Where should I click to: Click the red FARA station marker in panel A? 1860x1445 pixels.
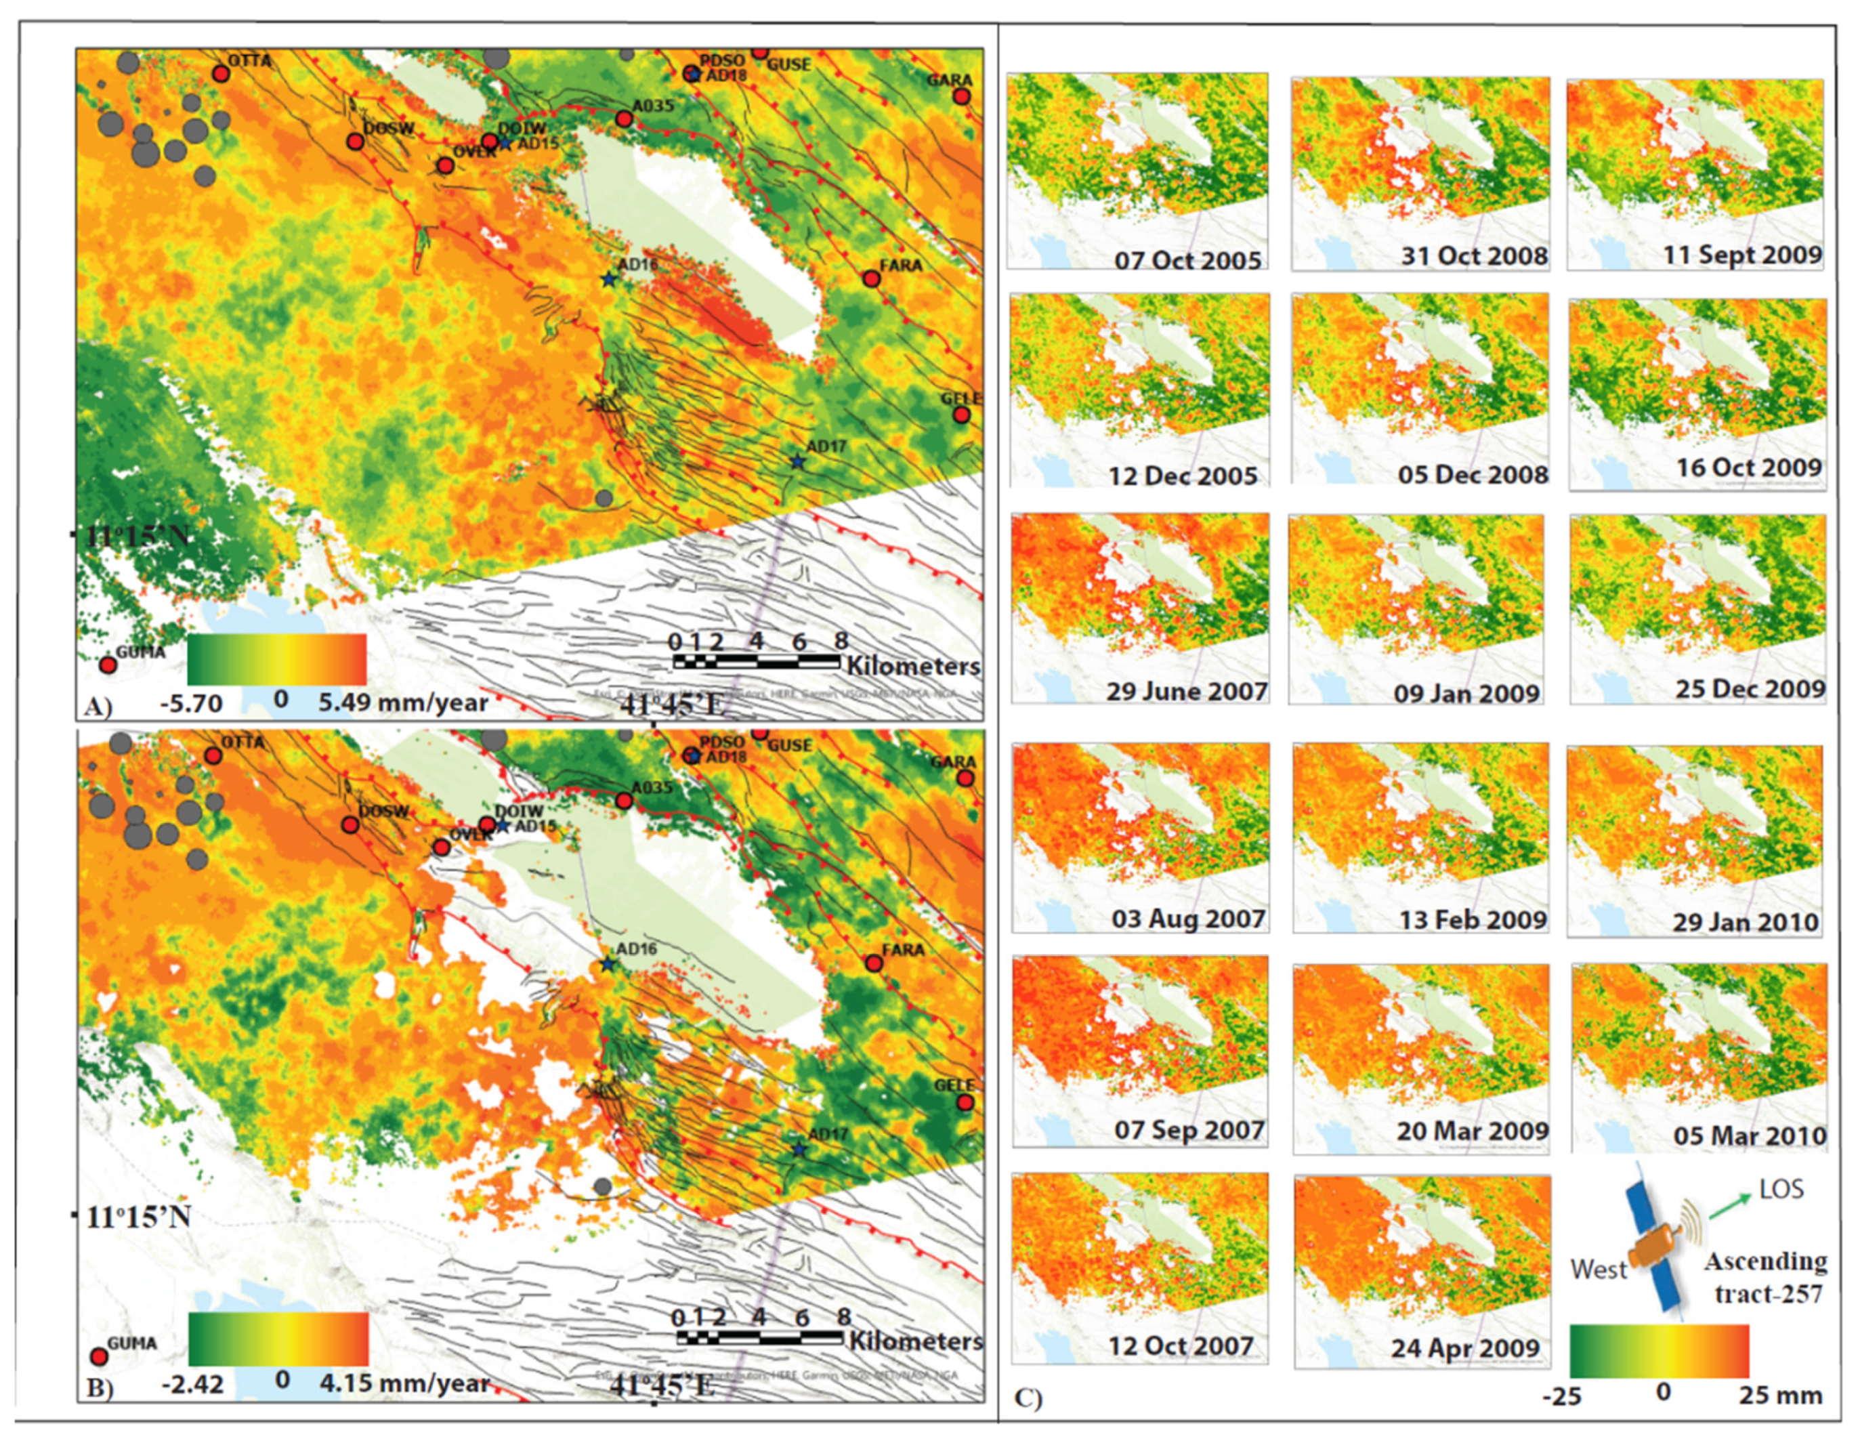[870, 278]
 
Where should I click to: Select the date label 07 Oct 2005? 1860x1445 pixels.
[1187, 260]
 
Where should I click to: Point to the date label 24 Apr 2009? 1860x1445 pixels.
[1465, 1349]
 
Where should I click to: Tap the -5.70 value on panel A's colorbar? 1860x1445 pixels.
[192, 704]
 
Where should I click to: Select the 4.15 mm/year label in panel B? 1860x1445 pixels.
[404, 1383]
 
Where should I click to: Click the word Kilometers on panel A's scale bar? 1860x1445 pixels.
[912, 665]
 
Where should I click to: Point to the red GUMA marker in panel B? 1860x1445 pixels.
[99, 1356]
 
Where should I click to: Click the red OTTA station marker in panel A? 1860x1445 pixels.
[221, 74]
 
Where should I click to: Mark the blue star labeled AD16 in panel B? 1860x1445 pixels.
[607, 965]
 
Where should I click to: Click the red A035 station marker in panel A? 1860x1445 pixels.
[623, 120]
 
